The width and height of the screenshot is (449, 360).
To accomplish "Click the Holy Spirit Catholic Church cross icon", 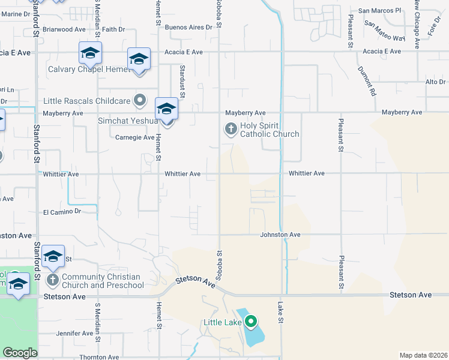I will click(x=231, y=129).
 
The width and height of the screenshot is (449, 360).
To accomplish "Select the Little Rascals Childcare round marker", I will click(x=140, y=100).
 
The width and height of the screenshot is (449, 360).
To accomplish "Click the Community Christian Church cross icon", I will click(x=52, y=280).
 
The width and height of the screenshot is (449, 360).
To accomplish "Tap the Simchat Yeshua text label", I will click(x=127, y=121).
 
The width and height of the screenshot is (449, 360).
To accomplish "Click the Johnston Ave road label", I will click(x=280, y=235).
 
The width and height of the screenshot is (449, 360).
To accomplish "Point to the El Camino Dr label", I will click(x=62, y=212).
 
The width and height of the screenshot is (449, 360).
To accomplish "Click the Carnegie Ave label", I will click(x=135, y=137).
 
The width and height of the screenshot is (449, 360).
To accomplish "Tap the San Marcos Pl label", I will click(x=379, y=11).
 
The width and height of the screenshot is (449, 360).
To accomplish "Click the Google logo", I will click(x=20, y=353).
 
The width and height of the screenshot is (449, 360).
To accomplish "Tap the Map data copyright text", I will click(x=423, y=355).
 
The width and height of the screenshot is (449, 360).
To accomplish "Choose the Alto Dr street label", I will click(x=434, y=82).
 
